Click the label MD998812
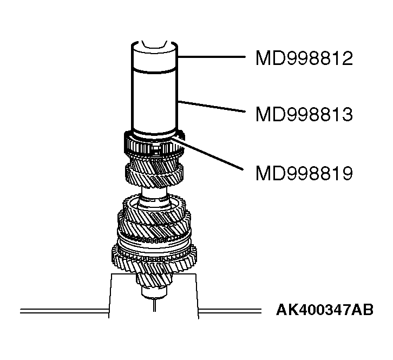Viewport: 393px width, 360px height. (x=304, y=58)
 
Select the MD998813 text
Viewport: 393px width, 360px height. (x=304, y=114)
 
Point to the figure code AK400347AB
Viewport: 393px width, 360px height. (x=325, y=311)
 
